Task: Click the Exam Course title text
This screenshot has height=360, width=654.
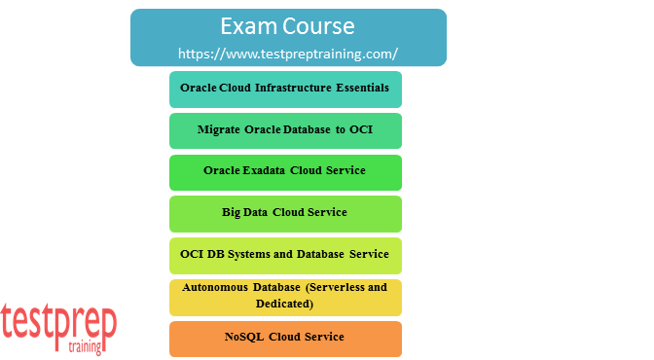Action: [x=287, y=25]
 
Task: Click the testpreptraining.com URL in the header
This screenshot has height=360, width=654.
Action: [x=288, y=53]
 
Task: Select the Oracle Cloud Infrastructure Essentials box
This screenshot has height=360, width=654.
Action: [x=285, y=89]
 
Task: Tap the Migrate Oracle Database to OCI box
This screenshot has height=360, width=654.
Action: [x=285, y=129]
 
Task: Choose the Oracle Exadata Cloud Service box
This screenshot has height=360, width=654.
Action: [x=285, y=171]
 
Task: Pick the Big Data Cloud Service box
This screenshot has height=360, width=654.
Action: [x=285, y=213]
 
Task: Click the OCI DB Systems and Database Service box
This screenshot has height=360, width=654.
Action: [x=285, y=255]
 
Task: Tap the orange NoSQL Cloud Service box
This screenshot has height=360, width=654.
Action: [x=285, y=338]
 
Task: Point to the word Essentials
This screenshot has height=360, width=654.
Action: [x=359, y=88]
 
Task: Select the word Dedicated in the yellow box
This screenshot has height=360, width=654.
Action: [x=284, y=305]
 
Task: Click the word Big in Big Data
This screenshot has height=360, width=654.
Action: [x=232, y=213]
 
